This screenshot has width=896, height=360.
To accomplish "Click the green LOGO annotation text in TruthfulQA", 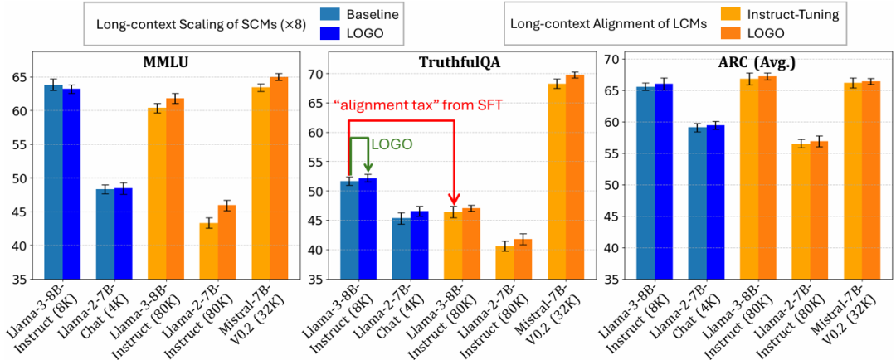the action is (x=392, y=144).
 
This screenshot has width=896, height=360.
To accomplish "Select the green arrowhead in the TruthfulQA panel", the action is (x=367, y=166).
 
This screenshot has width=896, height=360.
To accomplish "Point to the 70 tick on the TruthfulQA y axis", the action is (x=315, y=74).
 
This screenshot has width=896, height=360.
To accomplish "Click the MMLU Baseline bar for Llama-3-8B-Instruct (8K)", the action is (x=54, y=182).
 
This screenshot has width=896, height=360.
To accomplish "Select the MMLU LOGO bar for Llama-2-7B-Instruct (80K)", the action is (x=226, y=242).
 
